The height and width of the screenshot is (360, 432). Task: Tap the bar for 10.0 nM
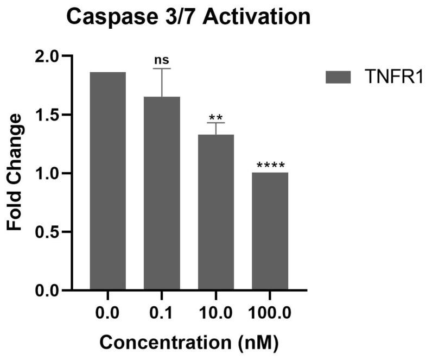point(215,212)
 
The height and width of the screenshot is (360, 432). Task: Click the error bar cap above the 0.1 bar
point(162,69)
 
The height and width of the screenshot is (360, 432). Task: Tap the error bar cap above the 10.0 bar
point(216,123)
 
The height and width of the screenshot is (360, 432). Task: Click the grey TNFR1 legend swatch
point(340,78)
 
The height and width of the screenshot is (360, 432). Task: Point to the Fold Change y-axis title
point(15,173)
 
